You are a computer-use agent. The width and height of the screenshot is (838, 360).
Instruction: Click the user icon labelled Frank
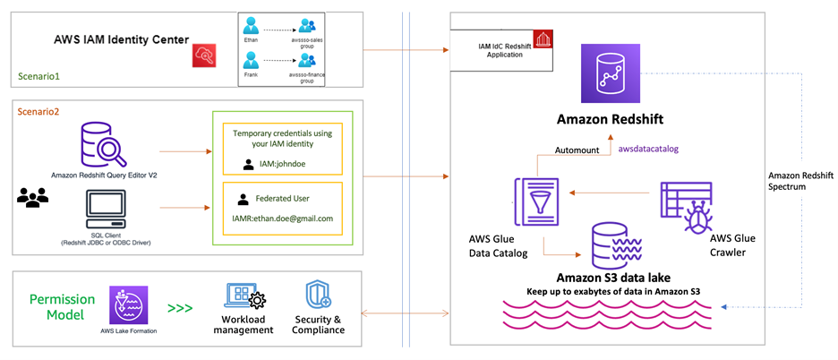253,64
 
